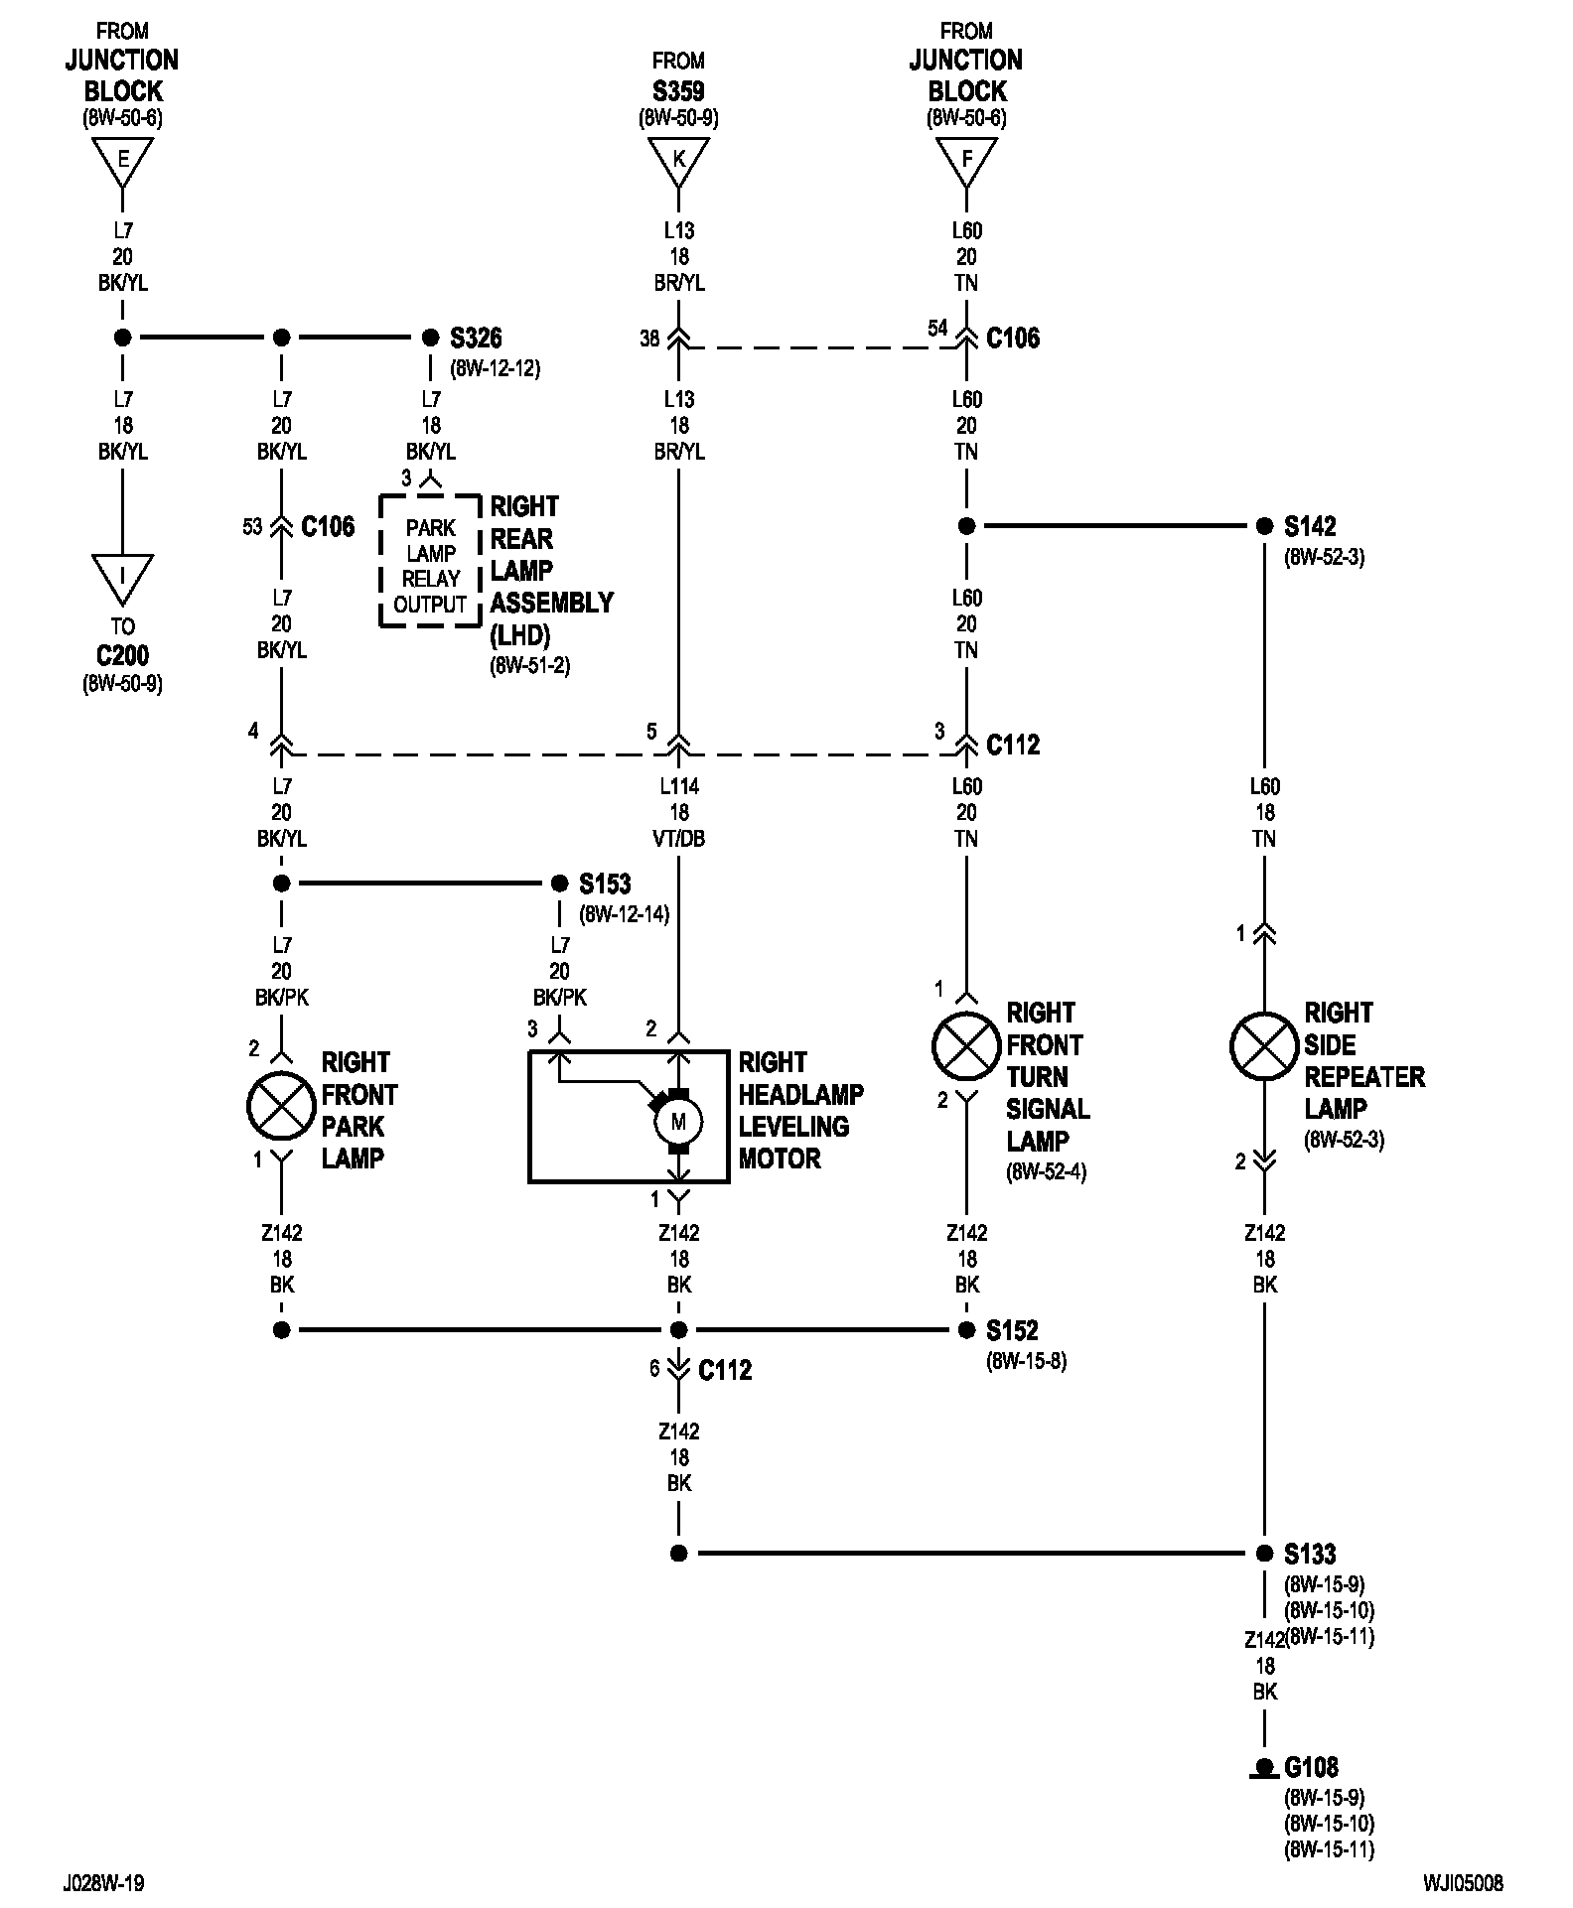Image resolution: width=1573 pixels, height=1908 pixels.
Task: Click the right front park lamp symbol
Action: click(281, 1106)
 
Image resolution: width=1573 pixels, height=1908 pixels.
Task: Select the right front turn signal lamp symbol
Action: click(966, 1046)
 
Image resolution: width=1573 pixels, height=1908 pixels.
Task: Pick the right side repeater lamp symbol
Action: click(1264, 1046)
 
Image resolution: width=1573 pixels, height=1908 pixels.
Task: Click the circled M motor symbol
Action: click(678, 1122)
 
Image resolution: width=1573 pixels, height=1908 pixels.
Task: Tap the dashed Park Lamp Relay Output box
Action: click(430, 561)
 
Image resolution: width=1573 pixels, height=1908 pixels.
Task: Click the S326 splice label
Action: click(476, 338)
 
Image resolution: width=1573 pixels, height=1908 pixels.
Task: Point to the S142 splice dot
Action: click(1264, 526)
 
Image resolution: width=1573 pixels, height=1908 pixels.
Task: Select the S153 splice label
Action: click(605, 884)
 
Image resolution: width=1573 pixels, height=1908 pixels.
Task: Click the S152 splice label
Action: click(1012, 1330)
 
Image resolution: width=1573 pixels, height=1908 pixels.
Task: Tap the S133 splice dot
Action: click(1264, 1554)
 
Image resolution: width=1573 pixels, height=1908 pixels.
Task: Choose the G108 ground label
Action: click(1311, 1767)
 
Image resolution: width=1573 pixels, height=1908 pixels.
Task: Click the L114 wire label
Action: click(679, 786)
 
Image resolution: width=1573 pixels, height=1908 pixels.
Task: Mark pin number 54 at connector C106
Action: click(937, 328)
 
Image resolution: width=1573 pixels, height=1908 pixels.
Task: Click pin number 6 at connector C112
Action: click(654, 1369)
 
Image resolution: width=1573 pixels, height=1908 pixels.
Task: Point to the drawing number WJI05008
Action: click(1463, 1883)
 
